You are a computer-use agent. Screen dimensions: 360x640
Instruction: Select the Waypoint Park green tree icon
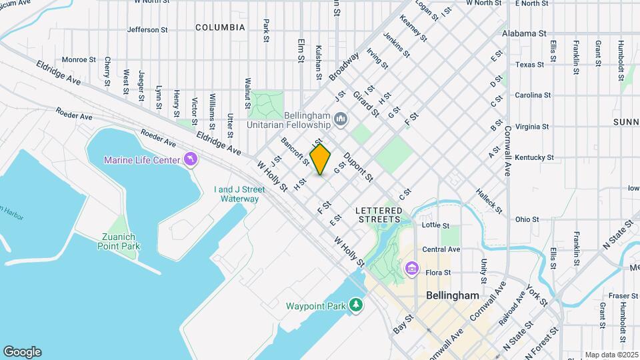click(x=357, y=305)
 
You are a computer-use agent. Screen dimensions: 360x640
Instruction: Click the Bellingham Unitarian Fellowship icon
click(x=341, y=120)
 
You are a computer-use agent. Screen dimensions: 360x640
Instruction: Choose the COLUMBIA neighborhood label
click(x=220, y=28)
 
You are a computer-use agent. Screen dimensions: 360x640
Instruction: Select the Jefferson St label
click(x=143, y=30)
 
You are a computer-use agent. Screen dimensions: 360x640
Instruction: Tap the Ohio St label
click(x=527, y=219)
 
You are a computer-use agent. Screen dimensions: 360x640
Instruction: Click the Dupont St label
click(x=357, y=168)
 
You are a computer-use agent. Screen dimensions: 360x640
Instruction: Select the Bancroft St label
click(x=295, y=152)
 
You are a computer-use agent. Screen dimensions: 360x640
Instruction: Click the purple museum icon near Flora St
click(x=411, y=269)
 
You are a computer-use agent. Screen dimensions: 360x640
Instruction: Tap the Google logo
click(x=22, y=351)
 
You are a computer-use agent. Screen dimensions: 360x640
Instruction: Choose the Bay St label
click(x=400, y=326)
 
